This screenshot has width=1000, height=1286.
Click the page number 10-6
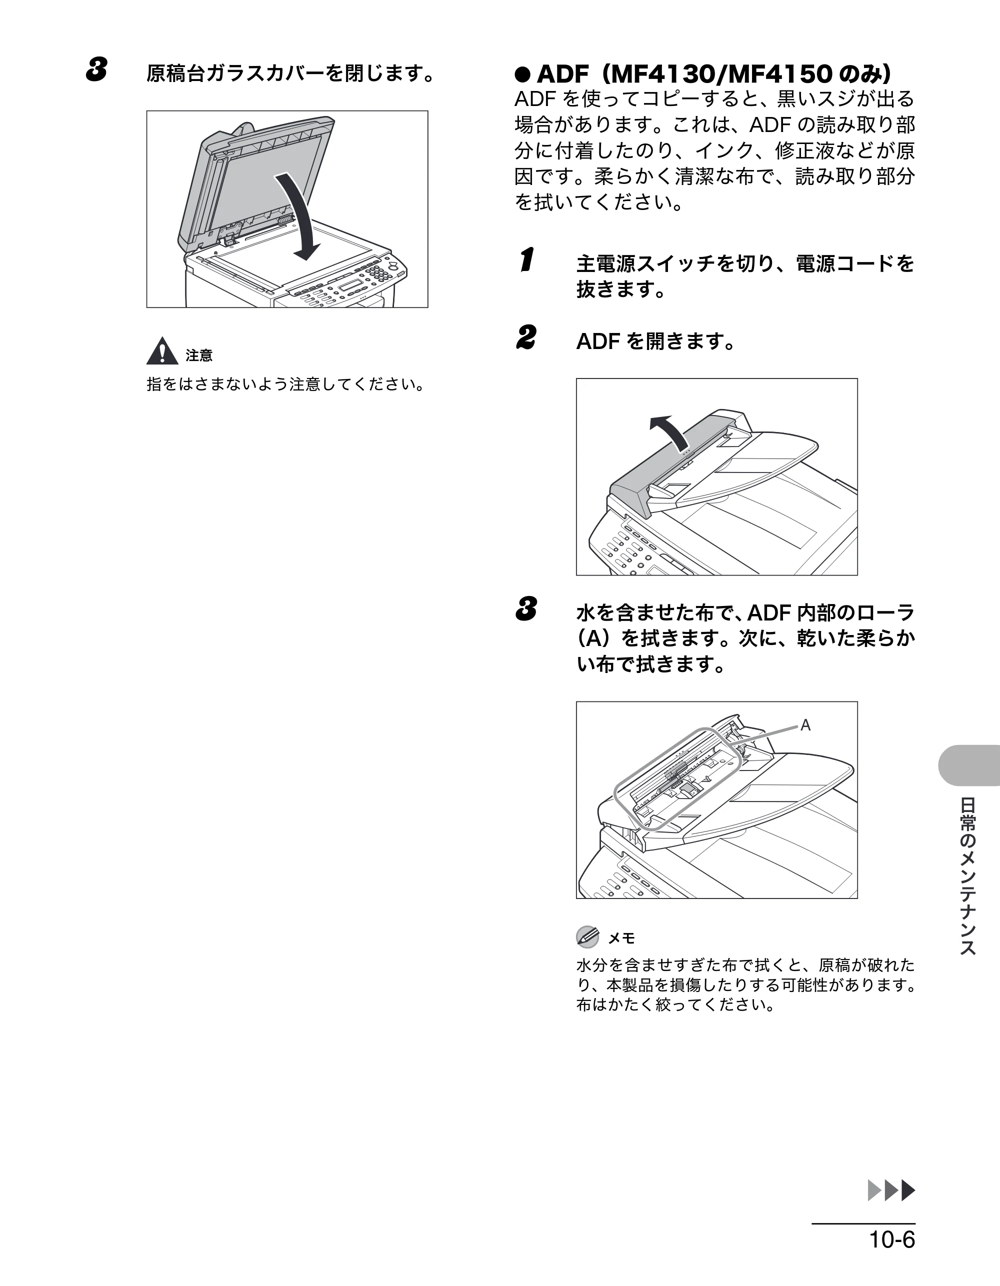(892, 1239)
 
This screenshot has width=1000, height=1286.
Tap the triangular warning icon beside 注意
(162, 351)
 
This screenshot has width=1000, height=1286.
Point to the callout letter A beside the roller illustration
(805, 725)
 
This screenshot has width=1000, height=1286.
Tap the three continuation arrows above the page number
(891, 1190)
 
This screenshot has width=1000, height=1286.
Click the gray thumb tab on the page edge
(969, 765)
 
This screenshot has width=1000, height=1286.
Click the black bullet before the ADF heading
(522, 75)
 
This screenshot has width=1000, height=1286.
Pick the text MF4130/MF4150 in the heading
(720, 75)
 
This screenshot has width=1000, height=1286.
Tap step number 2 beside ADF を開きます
(526, 338)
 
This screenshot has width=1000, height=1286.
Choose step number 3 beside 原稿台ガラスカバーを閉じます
(96, 70)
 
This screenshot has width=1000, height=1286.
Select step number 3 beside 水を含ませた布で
(526, 609)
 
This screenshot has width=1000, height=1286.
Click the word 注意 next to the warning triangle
(199, 355)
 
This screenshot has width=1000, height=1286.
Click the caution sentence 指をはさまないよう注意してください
(285, 384)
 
